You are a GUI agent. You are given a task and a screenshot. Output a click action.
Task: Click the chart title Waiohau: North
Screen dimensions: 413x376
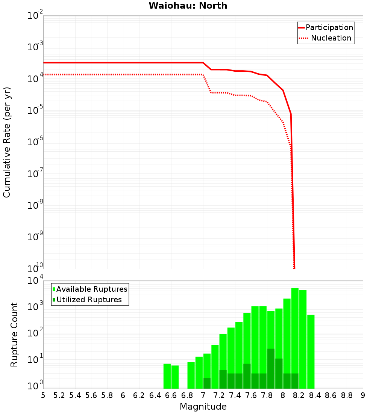pyautogui.click(x=188, y=6)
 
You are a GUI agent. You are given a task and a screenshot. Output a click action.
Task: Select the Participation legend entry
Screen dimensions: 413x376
pyautogui.click(x=329, y=27)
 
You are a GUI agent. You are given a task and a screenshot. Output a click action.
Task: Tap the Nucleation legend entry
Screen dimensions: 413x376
pyautogui.click(x=331, y=38)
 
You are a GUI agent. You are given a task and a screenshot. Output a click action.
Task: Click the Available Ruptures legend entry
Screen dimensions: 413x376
pyautogui.click(x=92, y=289)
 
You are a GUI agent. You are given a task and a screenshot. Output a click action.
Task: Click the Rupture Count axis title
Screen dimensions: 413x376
pyautogui.click(x=14, y=335)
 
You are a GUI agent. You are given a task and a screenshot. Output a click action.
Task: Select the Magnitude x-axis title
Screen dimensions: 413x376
pyautogui.click(x=203, y=407)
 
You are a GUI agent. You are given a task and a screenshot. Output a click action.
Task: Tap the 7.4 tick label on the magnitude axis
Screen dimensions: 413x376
pyautogui.click(x=235, y=395)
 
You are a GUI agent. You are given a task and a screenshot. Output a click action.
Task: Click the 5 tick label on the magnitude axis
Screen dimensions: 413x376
pyautogui.click(x=43, y=395)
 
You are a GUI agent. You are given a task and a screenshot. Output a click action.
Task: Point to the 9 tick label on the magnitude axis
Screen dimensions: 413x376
pyautogui.click(x=363, y=395)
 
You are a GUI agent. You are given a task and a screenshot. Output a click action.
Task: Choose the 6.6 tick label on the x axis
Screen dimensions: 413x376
pyautogui.click(x=171, y=395)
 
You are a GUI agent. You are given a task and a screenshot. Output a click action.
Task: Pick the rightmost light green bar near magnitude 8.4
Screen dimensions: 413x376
pyautogui.click(x=311, y=351)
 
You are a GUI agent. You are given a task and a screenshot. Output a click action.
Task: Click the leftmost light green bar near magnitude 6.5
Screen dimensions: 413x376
pyautogui.click(x=167, y=376)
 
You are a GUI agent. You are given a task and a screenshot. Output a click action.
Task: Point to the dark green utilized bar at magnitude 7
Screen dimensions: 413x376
pyautogui.click(x=207, y=383)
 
